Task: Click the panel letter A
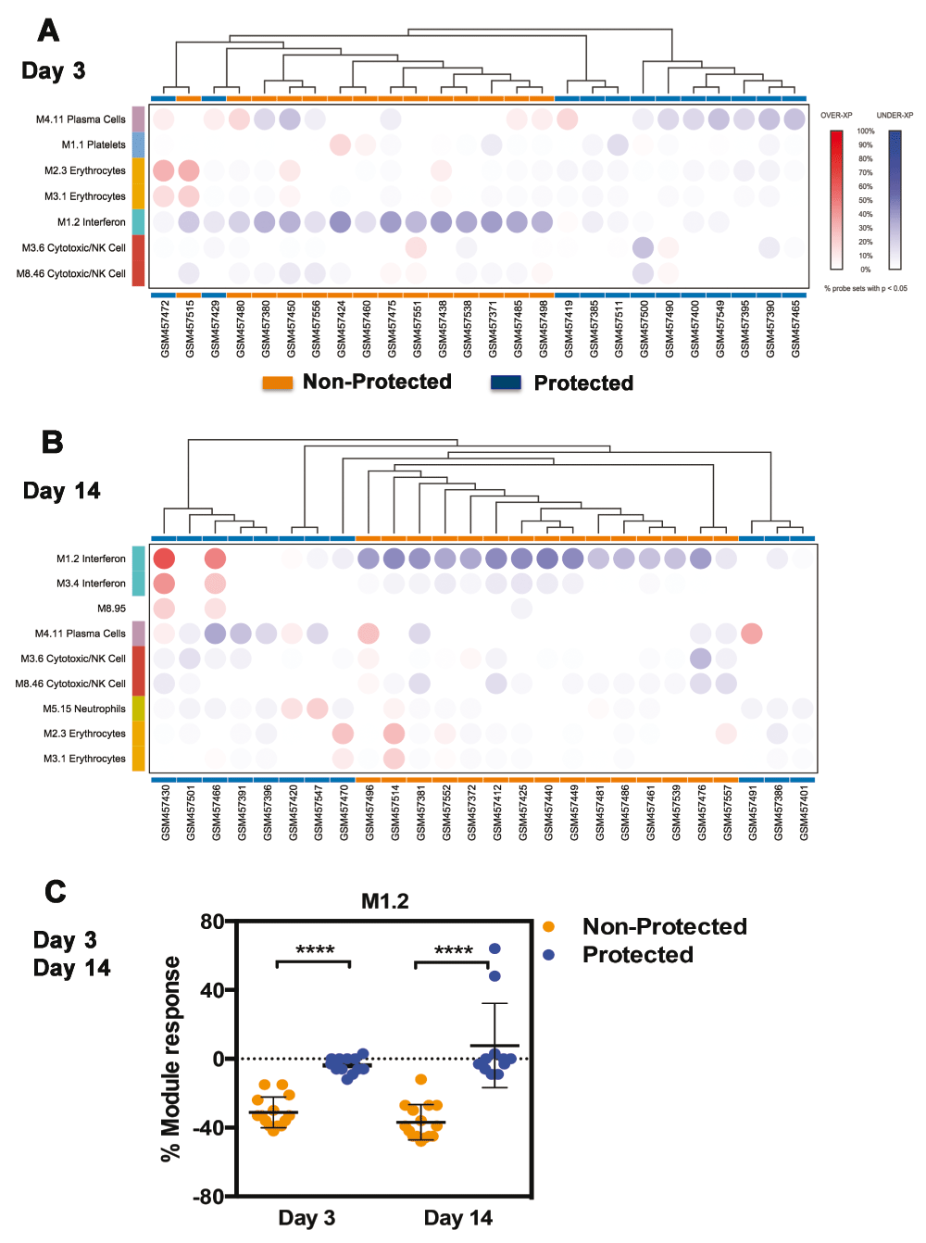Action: pos(48,31)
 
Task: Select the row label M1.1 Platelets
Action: pos(94,144)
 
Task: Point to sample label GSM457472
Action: pos(165,328)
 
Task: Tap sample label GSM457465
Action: pos(795,328)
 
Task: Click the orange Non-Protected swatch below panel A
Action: pos(278,383)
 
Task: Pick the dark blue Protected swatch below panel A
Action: pos(506,383)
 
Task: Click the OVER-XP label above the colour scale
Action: pos(836,116)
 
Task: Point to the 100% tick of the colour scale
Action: pos(865,132)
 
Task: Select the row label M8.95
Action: pos(112,609)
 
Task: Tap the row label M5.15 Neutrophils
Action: pos(84,709)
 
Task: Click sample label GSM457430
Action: pos(166,812)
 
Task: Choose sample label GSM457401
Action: pos(804,812)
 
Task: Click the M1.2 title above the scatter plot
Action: pos(385,901)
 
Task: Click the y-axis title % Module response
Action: pos(170,1059)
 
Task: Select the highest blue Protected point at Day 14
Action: pos(494,948)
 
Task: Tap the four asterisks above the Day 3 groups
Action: pos(315,950)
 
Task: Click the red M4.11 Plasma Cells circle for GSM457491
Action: pos(752,634)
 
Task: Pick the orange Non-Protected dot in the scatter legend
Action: pos(549,927)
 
